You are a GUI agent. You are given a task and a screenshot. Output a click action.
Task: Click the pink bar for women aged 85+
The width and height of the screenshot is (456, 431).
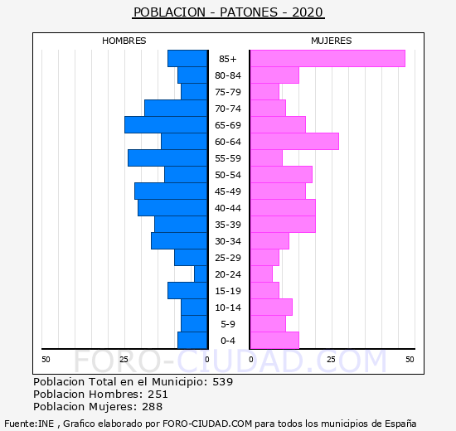(327, 59)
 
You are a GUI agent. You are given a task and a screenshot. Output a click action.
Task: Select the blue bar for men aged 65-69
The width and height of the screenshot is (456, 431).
(166, 125)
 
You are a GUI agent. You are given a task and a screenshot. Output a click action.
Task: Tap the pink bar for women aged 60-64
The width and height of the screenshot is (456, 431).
(294, 142)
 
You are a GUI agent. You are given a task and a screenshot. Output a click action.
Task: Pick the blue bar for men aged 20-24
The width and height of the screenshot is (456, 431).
(201, 274)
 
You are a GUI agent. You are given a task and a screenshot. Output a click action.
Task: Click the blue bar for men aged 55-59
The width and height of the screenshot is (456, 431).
(167, 158)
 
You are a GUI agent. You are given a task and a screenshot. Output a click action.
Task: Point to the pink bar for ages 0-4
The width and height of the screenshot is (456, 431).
(274, 341)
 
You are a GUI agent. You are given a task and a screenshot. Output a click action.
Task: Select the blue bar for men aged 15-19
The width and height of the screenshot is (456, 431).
(187, 291)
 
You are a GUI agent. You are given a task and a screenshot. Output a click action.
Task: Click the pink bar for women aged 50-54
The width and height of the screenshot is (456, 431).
(281, 175)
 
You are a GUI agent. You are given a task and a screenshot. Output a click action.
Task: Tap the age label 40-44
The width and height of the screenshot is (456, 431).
(228, 208)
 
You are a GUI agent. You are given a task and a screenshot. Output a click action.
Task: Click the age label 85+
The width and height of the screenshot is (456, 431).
(228, 59)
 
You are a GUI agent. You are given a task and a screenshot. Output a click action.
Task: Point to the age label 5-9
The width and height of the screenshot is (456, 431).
(228, 324)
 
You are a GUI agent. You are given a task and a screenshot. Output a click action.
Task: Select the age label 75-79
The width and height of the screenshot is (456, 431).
(228, 92)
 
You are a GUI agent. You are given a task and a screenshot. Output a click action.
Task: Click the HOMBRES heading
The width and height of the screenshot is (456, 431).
(124, 41)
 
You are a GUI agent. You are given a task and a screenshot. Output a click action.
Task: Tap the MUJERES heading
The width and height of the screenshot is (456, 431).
(332, 41)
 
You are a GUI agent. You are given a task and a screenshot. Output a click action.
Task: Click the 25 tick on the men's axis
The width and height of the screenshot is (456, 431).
(124, 360)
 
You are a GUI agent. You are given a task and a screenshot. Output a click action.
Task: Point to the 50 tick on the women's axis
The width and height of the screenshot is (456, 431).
(410, 360)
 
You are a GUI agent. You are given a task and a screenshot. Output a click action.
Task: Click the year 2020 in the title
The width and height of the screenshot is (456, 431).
(308, 12)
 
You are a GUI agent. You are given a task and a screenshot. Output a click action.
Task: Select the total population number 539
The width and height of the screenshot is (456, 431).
(223, 381)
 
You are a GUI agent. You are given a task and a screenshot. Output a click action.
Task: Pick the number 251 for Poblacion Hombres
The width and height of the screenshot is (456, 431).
(158, 394)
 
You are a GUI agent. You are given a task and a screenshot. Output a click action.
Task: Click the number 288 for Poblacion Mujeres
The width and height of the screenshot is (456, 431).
(152, 407)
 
